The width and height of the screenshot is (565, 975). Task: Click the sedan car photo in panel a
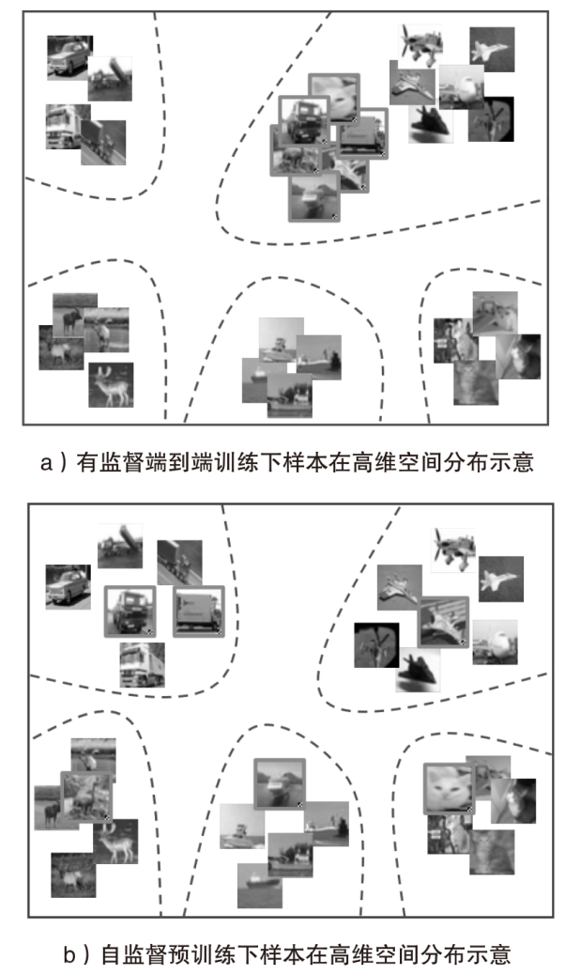(x=69, y=58)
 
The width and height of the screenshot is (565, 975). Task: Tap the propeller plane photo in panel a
(x=420, y=45)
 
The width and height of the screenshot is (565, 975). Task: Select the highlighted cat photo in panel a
(x=334, y=97)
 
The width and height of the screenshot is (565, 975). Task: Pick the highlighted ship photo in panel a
(x=314, y=197)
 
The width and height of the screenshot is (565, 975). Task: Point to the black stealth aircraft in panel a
(x=431, y=123)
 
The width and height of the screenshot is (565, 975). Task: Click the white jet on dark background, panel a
(x=492, y=50)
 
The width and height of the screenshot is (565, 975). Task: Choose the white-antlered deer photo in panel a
(x=111, y=385)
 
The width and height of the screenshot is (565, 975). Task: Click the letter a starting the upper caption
(x=46, y=463)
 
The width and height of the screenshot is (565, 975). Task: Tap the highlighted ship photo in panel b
(x=280, y=782)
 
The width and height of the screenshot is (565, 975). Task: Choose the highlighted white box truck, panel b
(x=198, y=611)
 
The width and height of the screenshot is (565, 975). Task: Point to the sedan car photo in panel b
(x=69, y=587)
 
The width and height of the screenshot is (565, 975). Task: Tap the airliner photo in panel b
(x=495, y=642)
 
